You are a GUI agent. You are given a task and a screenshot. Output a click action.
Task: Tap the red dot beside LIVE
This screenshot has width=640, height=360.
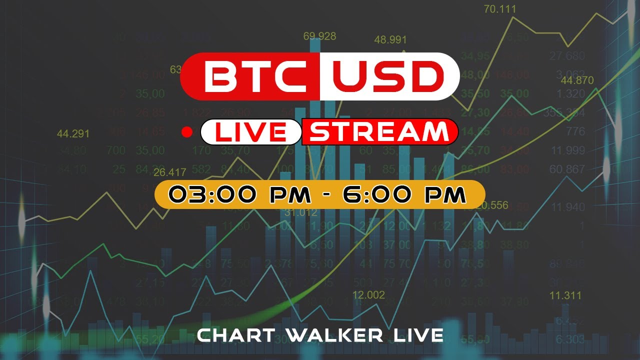[187, 132]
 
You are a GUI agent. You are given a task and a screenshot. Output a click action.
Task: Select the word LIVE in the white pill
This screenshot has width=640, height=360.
[250, 132]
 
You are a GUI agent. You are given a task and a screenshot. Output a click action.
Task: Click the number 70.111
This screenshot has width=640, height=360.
[500, 9]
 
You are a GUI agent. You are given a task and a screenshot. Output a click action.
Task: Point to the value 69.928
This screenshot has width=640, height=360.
[319, 36]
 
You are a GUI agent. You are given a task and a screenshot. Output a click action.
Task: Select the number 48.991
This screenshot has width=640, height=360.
[390, 39]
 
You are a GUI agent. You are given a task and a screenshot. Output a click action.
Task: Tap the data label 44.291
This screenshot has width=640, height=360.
[73, 133]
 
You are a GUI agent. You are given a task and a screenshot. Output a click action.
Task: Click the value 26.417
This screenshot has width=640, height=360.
[170, 172]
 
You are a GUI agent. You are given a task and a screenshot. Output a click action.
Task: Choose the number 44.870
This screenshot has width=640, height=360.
[577, 80]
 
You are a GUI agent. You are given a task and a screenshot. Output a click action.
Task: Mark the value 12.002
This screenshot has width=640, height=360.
[368, 295]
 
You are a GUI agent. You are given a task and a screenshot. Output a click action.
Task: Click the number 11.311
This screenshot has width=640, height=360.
[565, 295]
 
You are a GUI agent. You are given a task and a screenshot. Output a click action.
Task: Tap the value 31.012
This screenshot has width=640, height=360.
[301, 212]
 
